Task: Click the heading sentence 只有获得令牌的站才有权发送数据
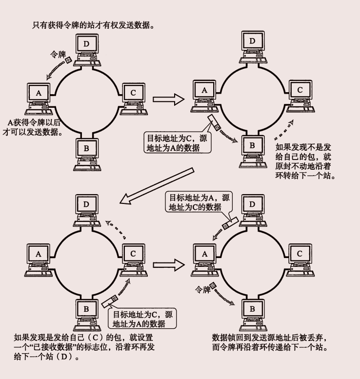point(93,24)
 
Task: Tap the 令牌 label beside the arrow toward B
point(202,289)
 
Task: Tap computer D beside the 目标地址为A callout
point(252,208)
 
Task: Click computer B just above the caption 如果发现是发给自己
point(86,313)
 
